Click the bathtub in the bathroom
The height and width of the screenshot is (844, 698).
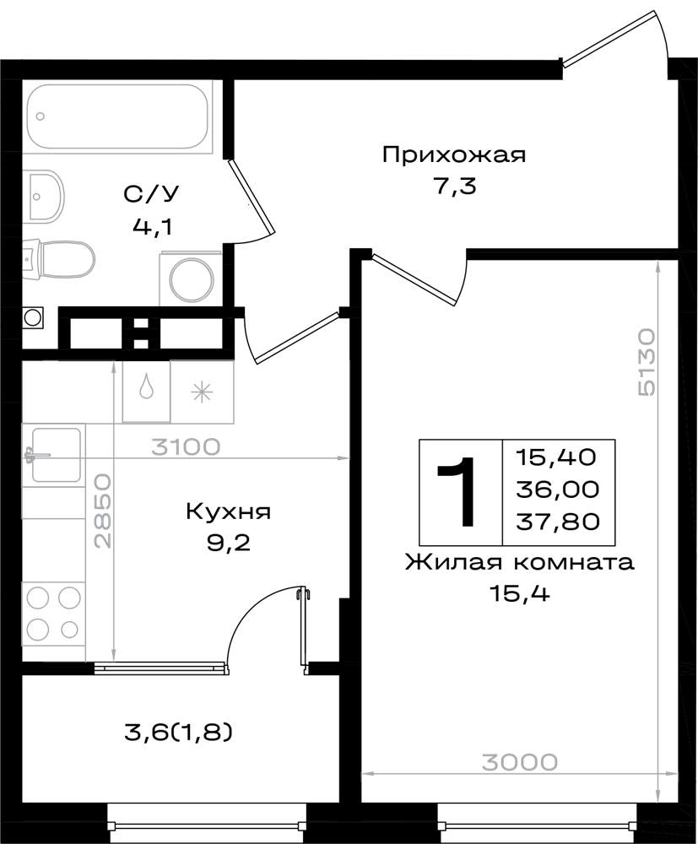coord(117,116)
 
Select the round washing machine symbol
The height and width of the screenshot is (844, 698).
coord(191,279)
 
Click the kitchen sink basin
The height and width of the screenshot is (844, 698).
coord(56,455)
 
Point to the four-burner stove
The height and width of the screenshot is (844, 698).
coord(53,612)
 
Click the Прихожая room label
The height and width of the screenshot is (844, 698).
coord(454,155)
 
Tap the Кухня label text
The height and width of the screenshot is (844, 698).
coord(228,511)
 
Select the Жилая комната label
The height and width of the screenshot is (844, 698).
coord(519,562)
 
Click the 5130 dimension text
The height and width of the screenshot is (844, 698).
coord(646,362)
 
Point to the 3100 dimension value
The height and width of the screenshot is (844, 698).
coord(186,446)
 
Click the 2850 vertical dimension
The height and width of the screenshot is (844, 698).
coord(102,511)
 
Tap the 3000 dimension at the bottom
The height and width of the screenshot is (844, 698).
coord(519,762)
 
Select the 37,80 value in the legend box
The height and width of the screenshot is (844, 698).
coord(558,521)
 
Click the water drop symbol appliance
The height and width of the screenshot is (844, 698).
coord(146,391)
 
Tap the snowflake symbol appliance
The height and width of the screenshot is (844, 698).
coord(203,392)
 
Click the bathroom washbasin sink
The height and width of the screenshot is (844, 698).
coord(46,196)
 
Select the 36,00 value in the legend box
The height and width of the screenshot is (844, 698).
coord(558,490)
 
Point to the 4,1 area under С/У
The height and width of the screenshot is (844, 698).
coord(153,227)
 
